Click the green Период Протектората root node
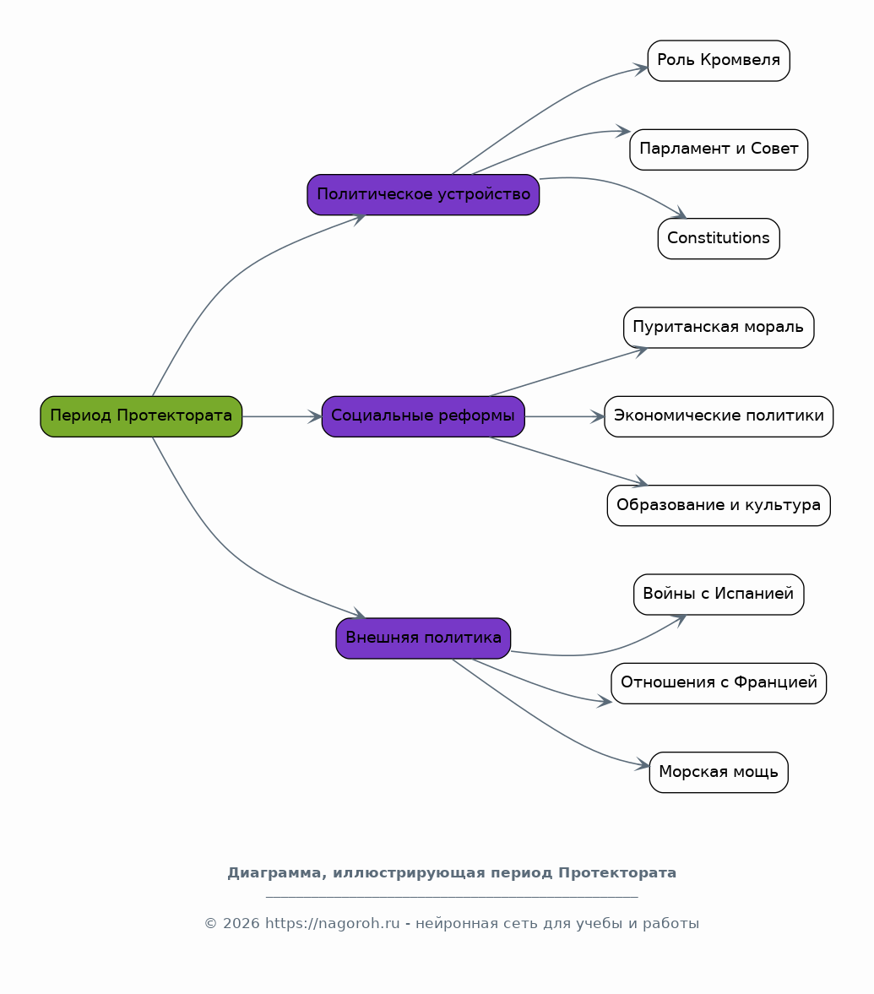[x=141, y=416]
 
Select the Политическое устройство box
[x=423, y=194]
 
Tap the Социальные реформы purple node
[x=423, y=416]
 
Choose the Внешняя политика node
[x=423, y=638]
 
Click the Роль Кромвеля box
[x=719, y=61]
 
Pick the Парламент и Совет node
[x=719, y=149]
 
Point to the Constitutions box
[x=719, y=238]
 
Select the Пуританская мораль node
[x=719, y=328]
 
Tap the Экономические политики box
[x=719, y=416]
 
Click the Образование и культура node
[x=719, y=505]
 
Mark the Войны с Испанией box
[x=719, y=594]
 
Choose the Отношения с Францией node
[x=719, y=683]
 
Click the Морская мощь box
[x=719, y=772]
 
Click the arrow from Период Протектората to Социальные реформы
[x=282, y=416]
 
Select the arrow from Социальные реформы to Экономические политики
[x=565, y=416]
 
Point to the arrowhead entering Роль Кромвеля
[x=641, y=68]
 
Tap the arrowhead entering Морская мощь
[x=643, y=764]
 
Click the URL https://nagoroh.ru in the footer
[x=332, y=924]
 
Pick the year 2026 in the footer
[x=241, y=924]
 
